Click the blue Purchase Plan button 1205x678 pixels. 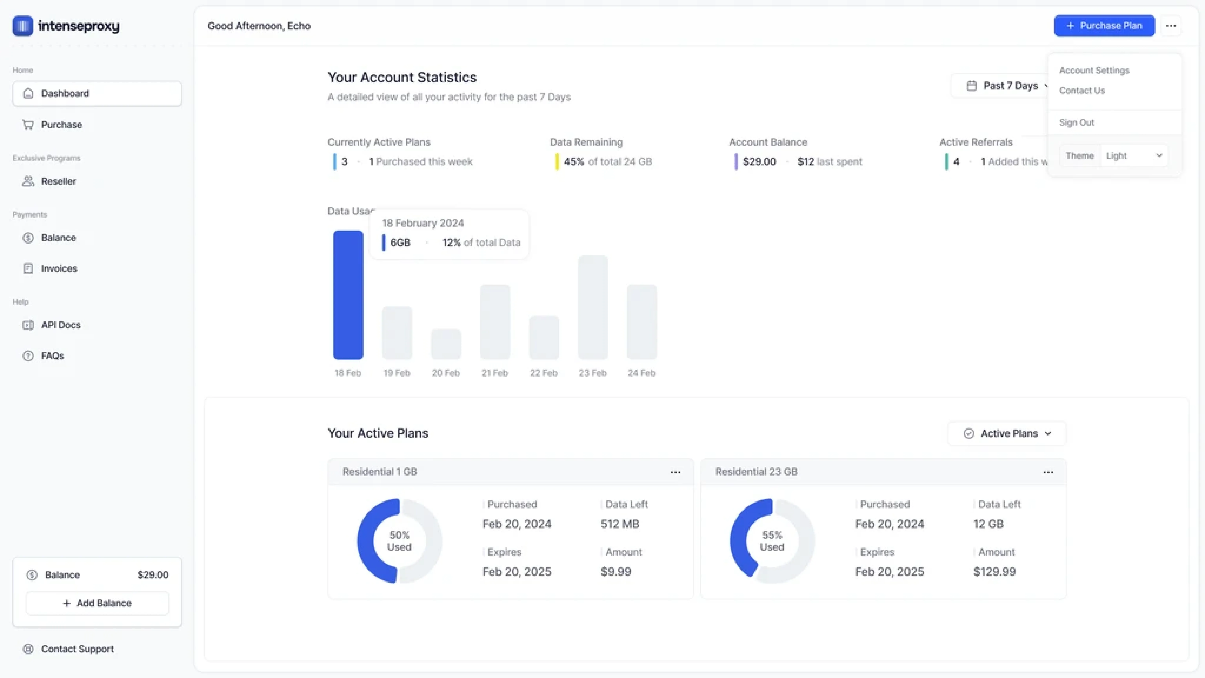tap(1104, 26)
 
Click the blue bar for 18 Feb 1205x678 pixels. tap(348, 295)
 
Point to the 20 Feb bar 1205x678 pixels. tap(446, 344)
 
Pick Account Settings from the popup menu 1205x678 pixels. tap(1094, 70)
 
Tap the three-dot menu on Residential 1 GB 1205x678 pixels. tap(675, 472)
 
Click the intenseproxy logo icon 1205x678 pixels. tap(22, 26)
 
